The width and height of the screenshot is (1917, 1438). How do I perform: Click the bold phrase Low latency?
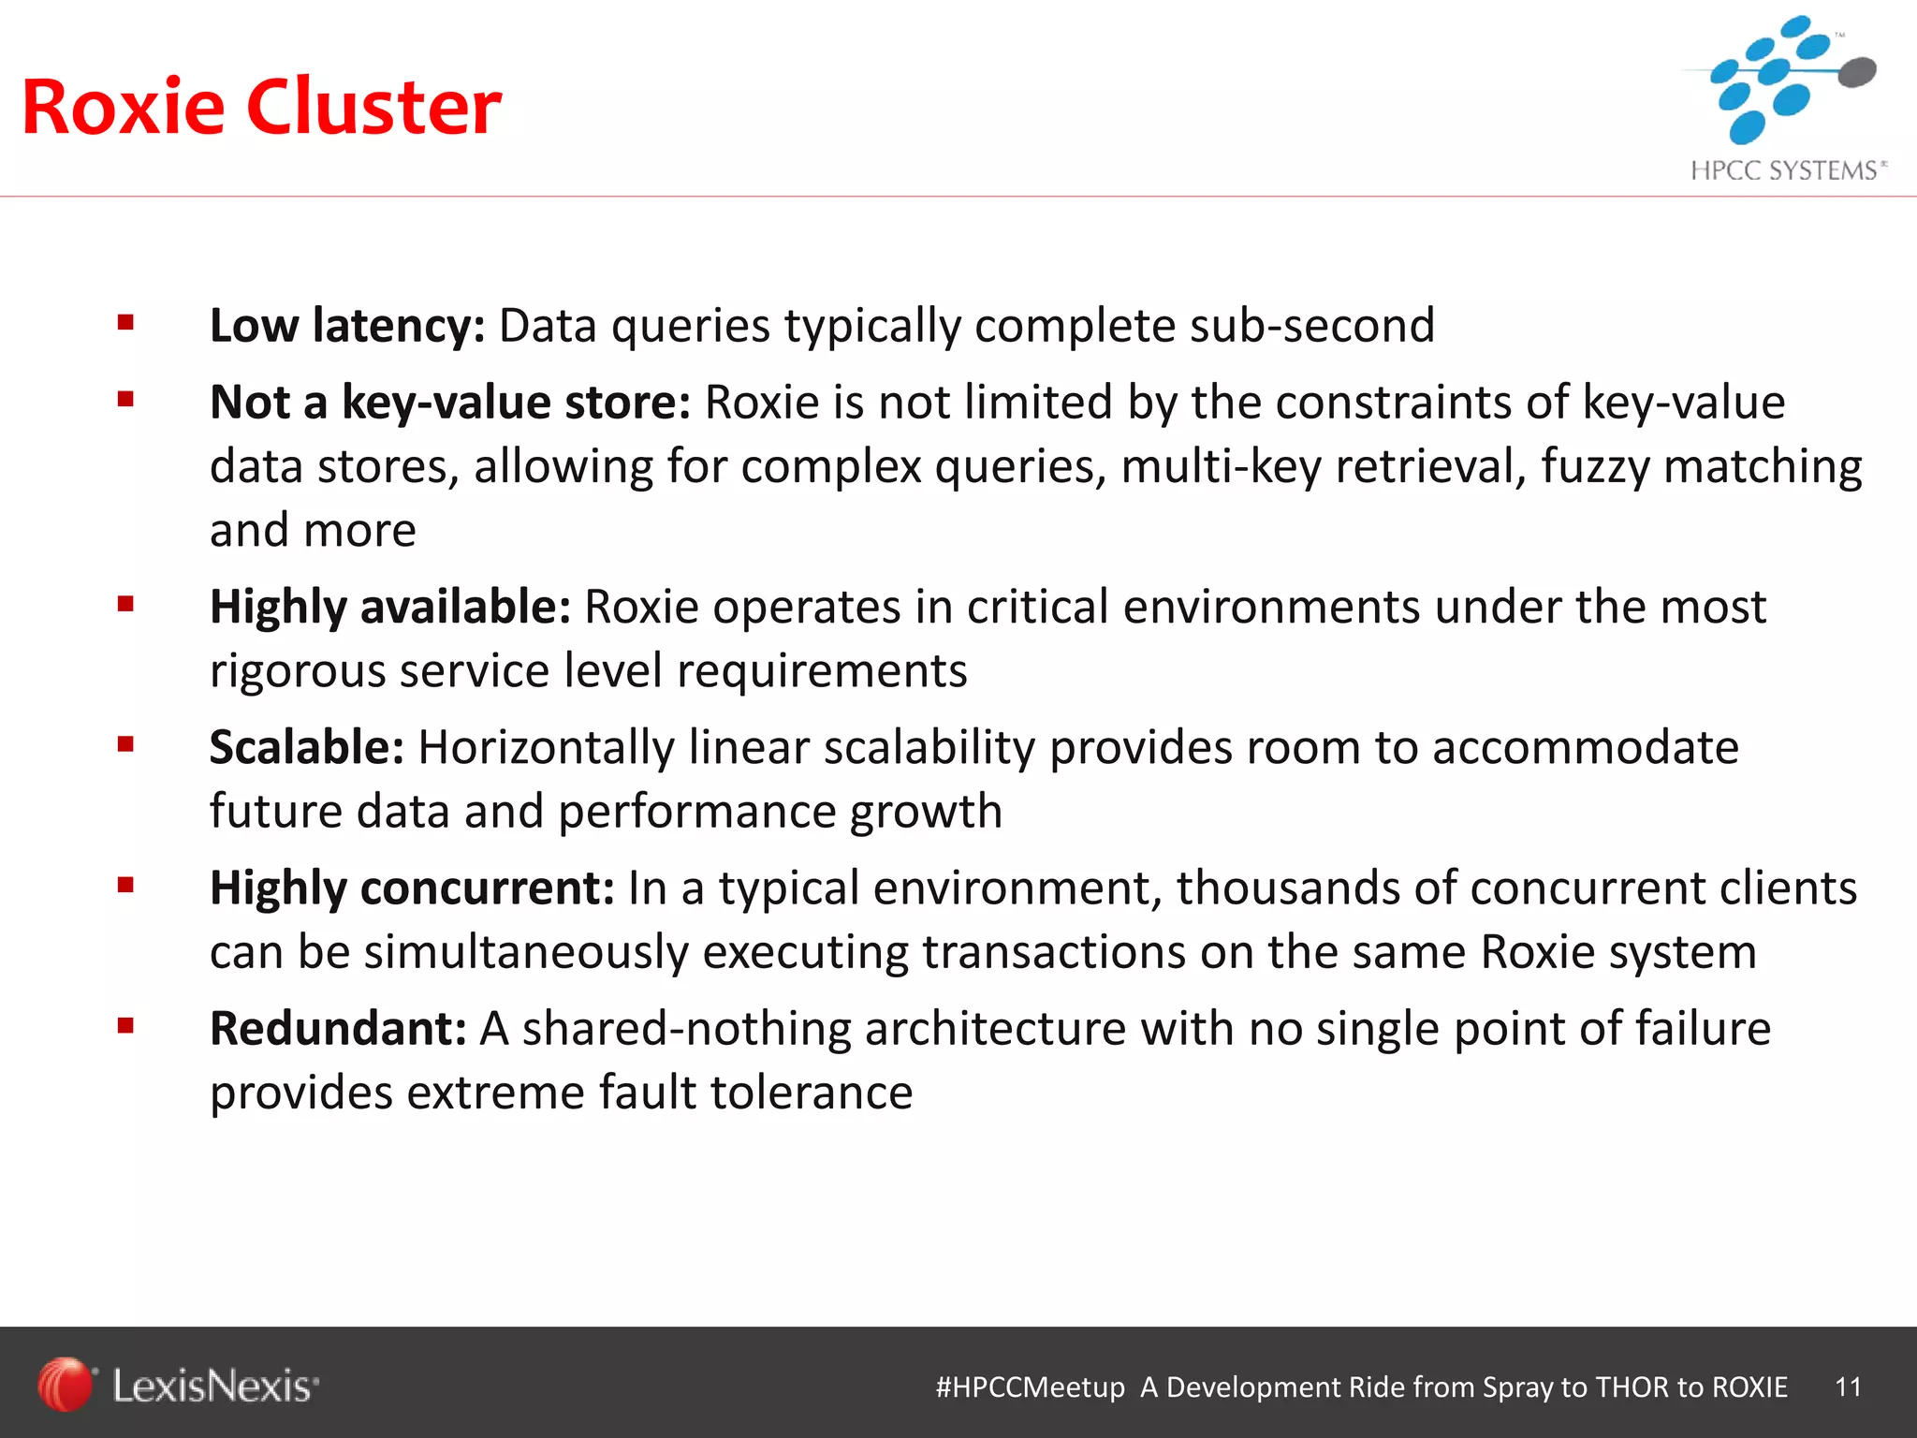point(347,326)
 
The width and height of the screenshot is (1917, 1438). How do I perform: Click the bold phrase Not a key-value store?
point(450,403)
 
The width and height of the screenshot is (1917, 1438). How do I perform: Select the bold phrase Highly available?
point(390,607)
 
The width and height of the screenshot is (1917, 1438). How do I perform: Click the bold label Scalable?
point(307,747)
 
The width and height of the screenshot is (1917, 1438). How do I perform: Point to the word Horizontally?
point(546,747)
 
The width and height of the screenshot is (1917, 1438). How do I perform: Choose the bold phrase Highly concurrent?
point(412,888)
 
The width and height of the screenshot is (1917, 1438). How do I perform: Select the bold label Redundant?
point(338,1028)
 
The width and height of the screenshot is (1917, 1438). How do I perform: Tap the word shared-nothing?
point(686,1028)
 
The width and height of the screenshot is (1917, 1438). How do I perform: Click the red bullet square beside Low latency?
point(126,324)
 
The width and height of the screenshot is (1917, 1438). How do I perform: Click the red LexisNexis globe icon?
point(65,1384)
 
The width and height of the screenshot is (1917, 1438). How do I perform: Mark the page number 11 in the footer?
point(1849,1387)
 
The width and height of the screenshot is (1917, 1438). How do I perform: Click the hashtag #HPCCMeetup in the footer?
point(1030,1387)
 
